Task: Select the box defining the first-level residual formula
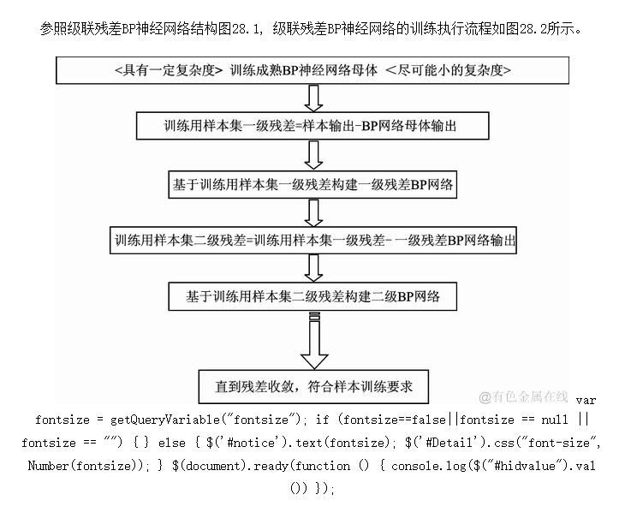pos(312,126)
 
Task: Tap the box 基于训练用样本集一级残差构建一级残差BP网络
pos(312,183)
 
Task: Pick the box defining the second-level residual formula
pos(314,240)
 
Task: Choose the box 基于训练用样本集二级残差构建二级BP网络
pos(312,297)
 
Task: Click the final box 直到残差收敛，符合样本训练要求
pos(313,387)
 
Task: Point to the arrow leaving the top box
pos(313,98)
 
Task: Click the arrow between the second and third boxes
pos(313,155)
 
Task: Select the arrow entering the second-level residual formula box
pos(313,211)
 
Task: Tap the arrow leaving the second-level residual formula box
pos(313,269)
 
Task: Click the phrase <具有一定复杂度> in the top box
pos(168,70)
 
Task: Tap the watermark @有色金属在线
pos(523,396)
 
